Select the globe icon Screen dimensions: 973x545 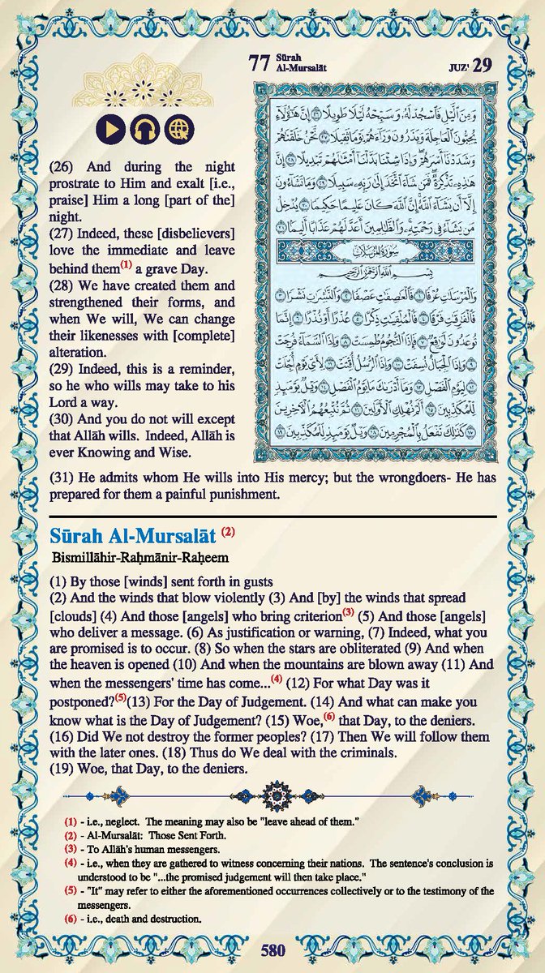pyautogui.click(x=178, y=129)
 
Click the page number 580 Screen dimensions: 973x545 pyautogui.click(x=272, y=949)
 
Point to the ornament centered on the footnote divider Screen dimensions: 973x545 pyautogui.click(x=272, y=790)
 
